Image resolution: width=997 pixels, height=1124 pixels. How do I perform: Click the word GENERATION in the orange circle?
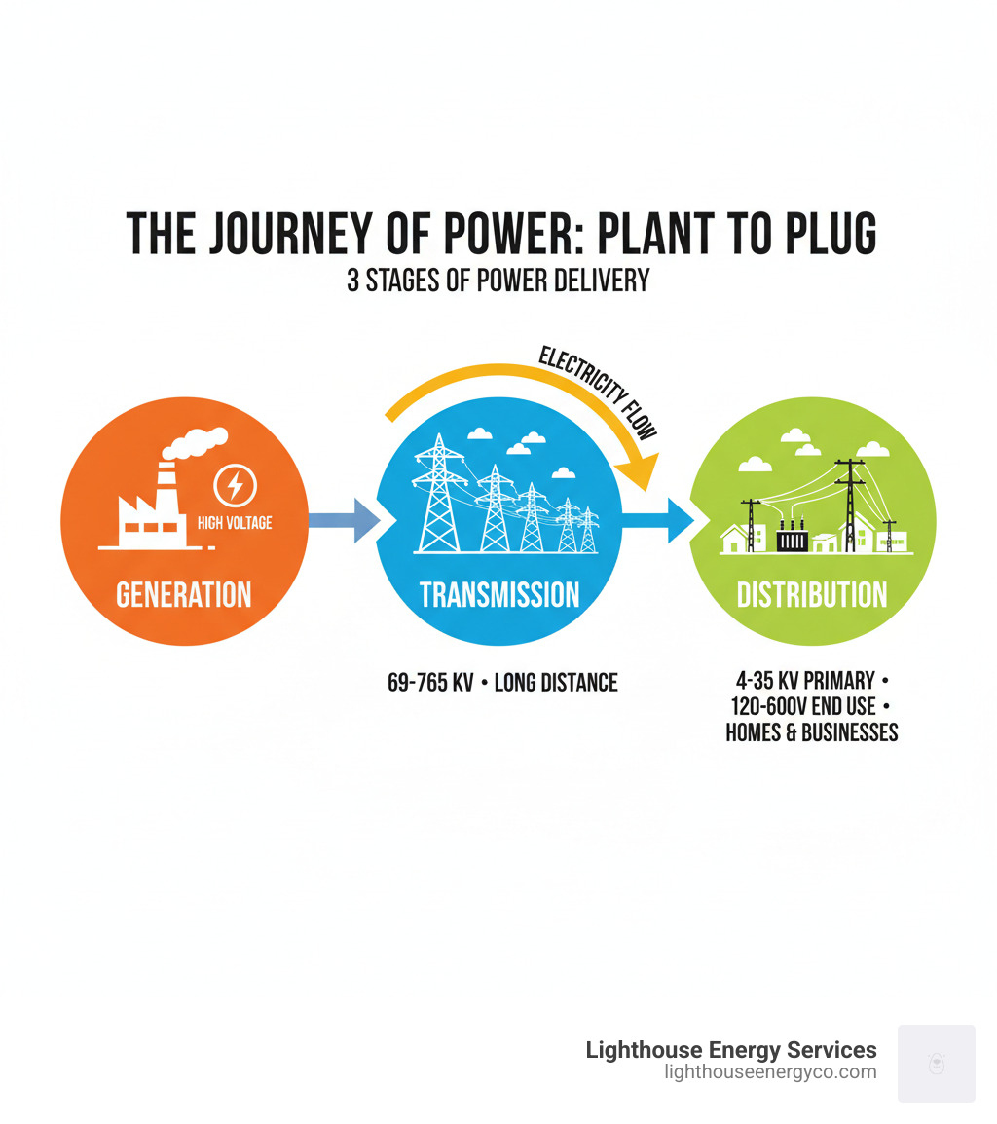[184, 594]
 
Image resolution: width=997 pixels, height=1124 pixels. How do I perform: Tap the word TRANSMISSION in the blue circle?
[499, 594]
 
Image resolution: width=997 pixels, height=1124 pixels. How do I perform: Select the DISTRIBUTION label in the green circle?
[812, 594]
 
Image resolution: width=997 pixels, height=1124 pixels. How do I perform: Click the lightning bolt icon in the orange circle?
[236, 484]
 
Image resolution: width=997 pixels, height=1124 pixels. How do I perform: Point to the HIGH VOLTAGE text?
[235, 523]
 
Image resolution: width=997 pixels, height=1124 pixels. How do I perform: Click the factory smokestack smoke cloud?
[198, 443]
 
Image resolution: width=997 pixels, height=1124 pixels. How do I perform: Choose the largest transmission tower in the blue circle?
[439, 495]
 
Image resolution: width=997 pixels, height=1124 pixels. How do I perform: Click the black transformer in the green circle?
[792, 539]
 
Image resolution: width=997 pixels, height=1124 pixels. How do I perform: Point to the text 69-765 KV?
[429, 683]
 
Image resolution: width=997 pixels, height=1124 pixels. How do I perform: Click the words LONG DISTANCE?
[556, 683]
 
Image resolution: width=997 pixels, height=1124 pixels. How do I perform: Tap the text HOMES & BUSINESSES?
[812, 732]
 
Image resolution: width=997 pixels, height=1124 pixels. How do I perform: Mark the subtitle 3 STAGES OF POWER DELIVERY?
[498, 281]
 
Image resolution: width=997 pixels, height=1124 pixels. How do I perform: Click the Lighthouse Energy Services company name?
[731, 1050]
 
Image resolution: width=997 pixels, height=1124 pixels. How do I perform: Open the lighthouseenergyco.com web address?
[770, 1072]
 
